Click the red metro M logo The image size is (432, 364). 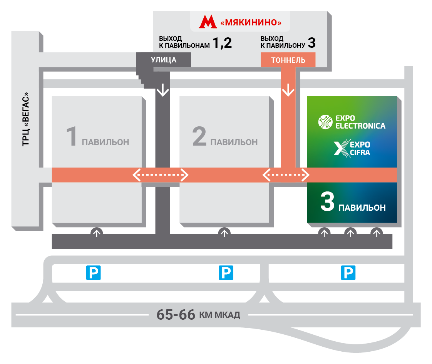[208, 22]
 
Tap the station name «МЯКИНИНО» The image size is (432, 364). [251, 23]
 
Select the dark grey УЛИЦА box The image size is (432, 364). [164, 60]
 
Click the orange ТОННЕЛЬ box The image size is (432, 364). [288, 60]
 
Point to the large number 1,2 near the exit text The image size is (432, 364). [222, 43]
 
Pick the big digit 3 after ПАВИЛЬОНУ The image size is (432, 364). [311, 43]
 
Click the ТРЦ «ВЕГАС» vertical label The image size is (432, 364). [26, 119]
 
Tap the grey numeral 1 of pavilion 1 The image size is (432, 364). [72, 137]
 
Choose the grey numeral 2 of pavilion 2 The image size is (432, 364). [199, 137]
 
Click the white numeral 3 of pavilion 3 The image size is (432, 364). [327, 203]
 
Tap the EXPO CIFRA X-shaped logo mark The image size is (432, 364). [340, 148]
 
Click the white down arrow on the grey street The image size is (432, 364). [163, 91]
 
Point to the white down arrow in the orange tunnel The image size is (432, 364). [288, 91]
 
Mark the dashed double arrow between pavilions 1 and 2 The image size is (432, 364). [161, 176]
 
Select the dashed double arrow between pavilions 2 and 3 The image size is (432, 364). [286, 176]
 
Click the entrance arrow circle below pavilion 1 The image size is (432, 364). [97, 233]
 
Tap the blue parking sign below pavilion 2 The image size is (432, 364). [226, 273]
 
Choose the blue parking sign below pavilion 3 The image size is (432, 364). [348, 273]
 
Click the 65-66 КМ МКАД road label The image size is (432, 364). [198, 315]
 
